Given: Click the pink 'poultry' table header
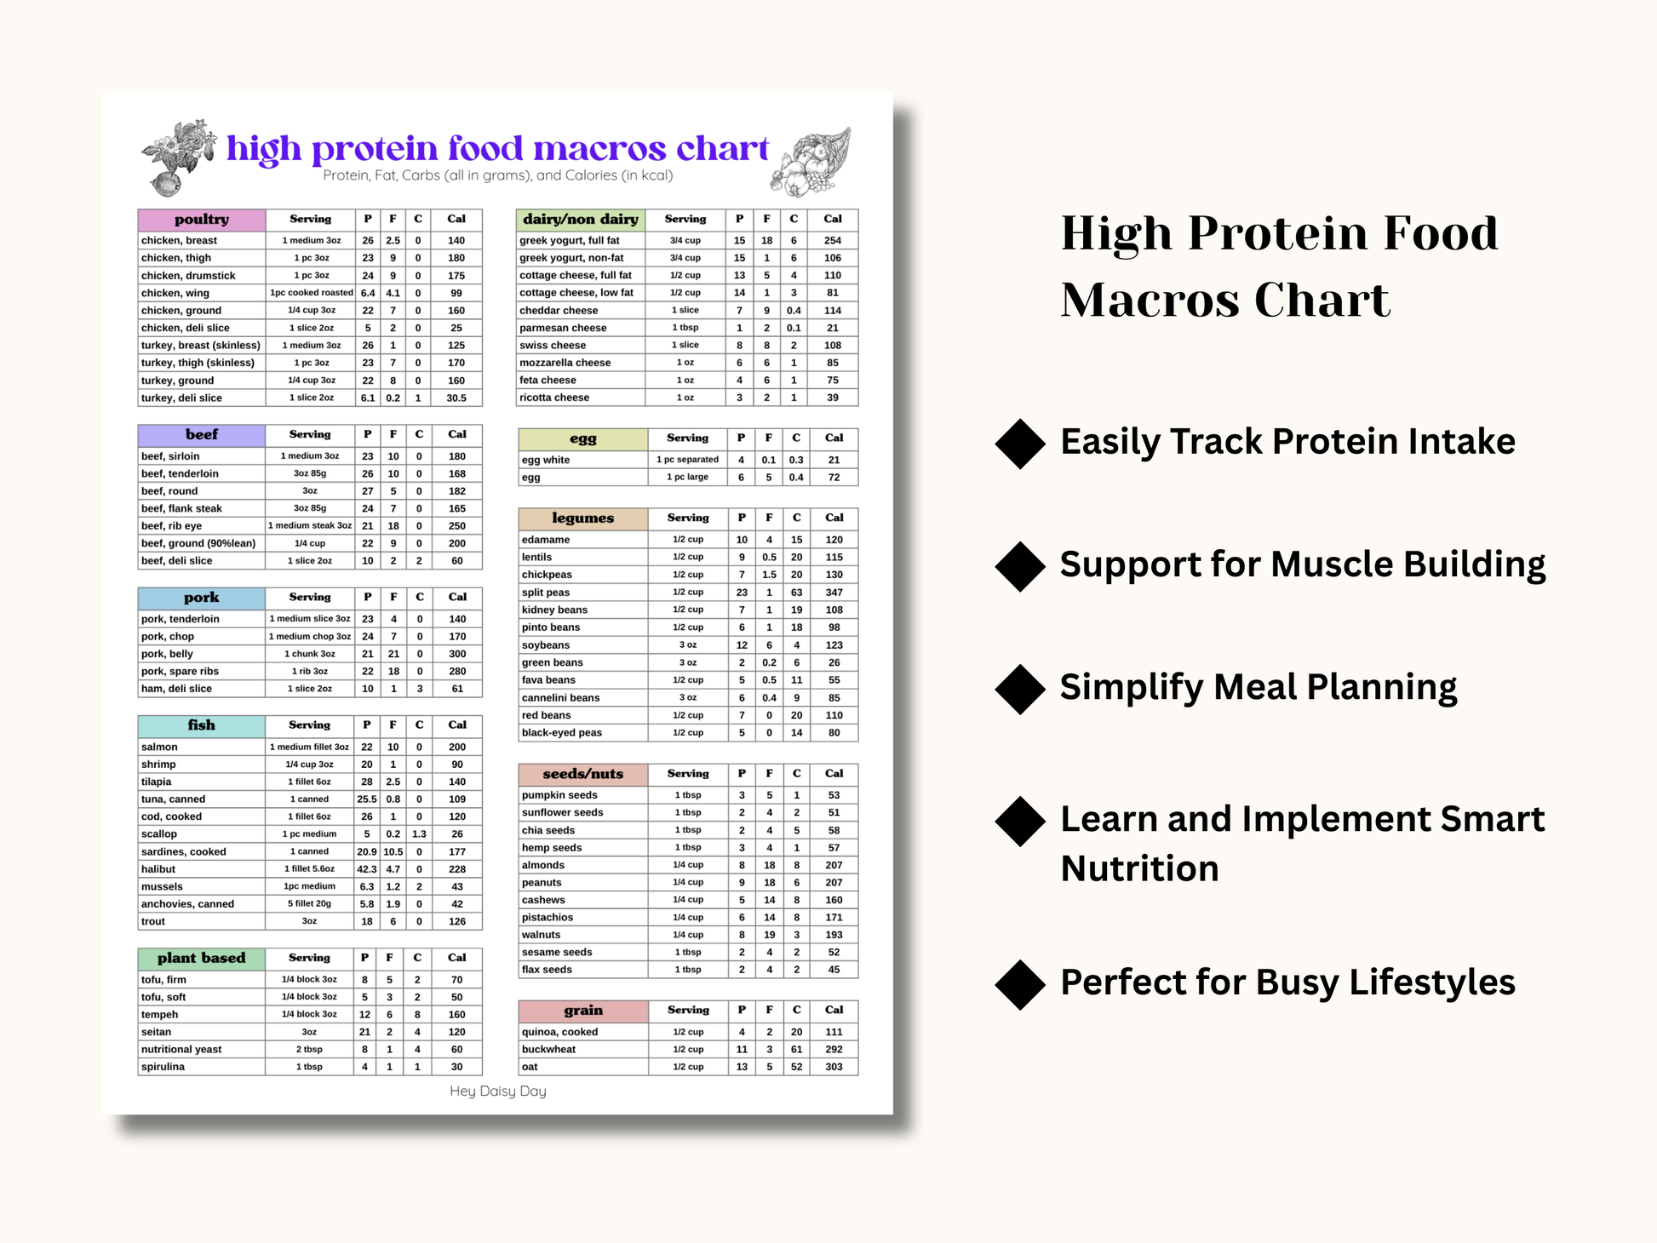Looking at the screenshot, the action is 202,220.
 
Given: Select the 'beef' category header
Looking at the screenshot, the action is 202,435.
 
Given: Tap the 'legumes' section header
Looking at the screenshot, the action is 583,518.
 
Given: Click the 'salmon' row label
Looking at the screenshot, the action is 159,747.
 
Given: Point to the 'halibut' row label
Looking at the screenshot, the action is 158,869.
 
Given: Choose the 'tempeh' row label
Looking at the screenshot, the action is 160,1015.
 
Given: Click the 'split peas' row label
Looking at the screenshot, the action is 546,593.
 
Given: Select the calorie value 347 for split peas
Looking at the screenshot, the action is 834,593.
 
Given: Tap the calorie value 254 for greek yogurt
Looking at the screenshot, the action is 833,241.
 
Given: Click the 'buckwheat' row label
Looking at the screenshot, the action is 548,1050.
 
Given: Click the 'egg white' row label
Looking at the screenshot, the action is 546,460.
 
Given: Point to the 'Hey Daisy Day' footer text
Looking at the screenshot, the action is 498,1091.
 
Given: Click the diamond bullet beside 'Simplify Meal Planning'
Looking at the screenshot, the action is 1020,689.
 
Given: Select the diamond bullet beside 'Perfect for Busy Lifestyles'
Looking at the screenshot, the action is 1020,984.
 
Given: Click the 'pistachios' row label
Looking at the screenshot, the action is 548,918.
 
